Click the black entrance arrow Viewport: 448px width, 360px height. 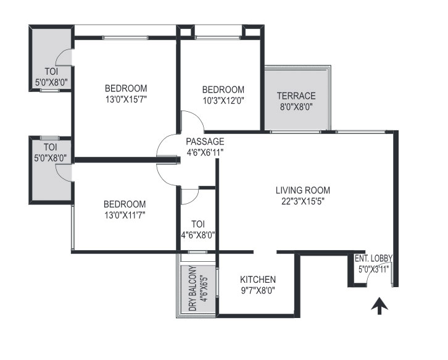tap(380, 306)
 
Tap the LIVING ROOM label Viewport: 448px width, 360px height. tap(303, 190)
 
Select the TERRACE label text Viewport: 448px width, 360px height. tap(296, 96)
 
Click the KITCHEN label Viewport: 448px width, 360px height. tap(258, 279)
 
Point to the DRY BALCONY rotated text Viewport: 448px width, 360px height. tap(193, 288)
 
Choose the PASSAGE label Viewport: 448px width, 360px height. tap(205, 141)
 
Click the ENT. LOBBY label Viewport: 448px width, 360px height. tap(373, 259)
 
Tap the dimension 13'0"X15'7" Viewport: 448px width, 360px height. tap(126, 99)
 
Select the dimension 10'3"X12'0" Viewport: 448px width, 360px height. tap(223, 101)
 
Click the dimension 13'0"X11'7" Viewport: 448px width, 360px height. tap(125, 215)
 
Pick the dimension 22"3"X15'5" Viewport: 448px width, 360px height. tap(303, 201)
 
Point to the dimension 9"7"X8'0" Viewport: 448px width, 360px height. tap(258, 290)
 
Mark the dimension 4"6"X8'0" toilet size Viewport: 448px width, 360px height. tap(198, 235)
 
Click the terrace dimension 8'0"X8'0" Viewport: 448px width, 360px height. tap(296, 107)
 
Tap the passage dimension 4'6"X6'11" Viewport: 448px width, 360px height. tap(205, 153)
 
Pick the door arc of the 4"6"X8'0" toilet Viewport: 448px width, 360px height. tap(194, 199)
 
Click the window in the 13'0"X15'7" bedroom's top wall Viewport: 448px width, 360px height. tap(125, 38)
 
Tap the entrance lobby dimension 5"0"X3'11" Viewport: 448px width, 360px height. tap(374, 269)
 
